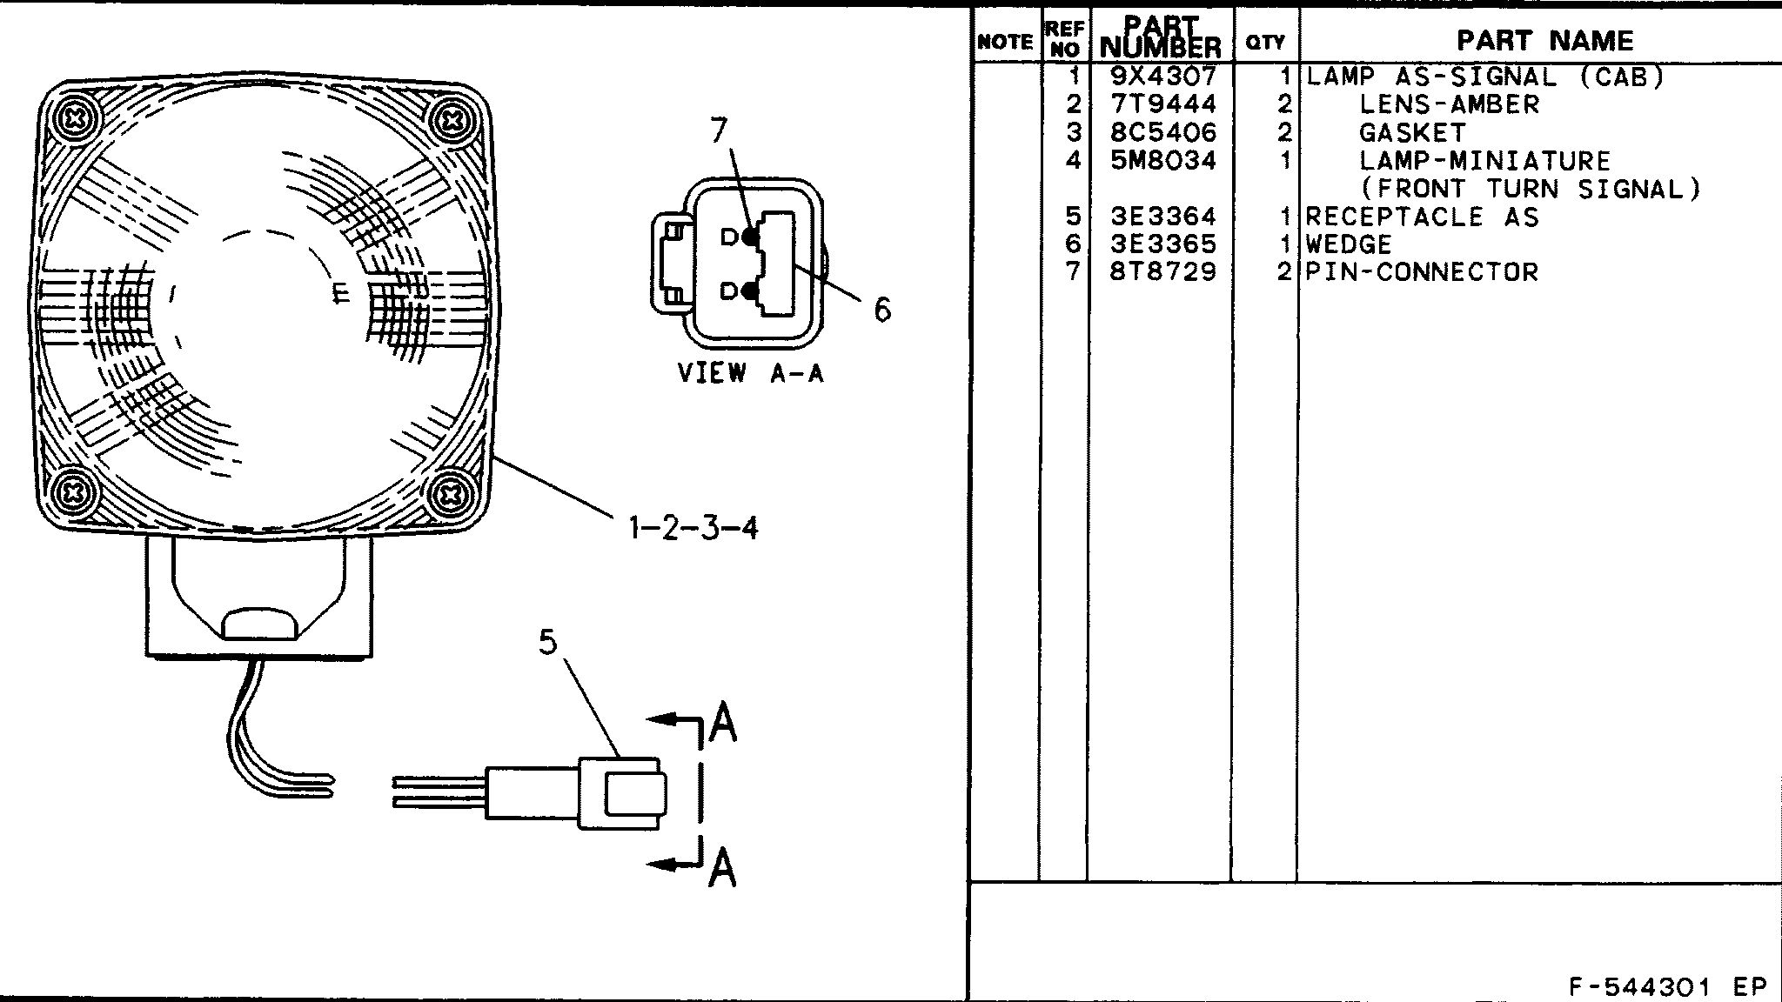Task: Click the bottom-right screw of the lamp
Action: (x=450, y=496)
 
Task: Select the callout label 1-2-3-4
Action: (x=693, y=527)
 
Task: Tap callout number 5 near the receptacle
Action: (x=547, y=642)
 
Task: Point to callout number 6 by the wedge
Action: (x=882, y=309)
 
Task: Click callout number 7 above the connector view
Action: (x=719, y=130)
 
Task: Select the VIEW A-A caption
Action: (x=750, y=373)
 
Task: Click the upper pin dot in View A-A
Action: (x=749, y=237)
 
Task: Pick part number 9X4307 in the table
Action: (x=1163, y=77)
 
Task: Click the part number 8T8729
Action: (x=1163, y=271)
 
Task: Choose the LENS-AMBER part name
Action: (x=1449, y=104)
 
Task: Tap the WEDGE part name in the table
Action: (x=1349, y=244)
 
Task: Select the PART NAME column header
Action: (x=1544, y=40)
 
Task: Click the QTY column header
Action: (x=1265, y=42)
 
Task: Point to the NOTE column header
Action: (x=1005, y=42)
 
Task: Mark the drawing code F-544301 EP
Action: (x=1667, y=987)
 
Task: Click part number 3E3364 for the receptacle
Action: (x=1163, y=216)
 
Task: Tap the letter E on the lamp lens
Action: (x=341, y=293)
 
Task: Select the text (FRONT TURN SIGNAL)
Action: (x=1530, y=188)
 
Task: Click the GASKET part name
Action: (x=1412, y=132)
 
